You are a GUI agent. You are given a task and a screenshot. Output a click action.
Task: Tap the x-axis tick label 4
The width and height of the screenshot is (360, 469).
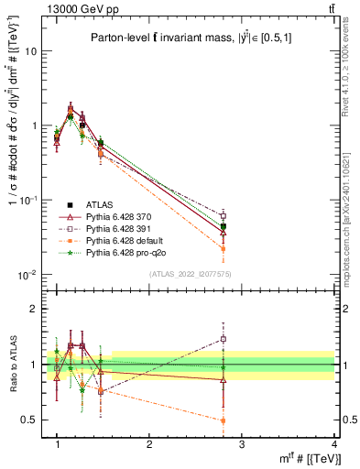(334, 444)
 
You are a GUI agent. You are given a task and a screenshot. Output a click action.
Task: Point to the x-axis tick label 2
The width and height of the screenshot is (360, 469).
(149, 444)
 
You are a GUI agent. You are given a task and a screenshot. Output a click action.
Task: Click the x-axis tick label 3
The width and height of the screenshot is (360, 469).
(242, 444)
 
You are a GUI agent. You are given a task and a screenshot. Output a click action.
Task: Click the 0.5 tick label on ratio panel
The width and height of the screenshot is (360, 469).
(30, 420)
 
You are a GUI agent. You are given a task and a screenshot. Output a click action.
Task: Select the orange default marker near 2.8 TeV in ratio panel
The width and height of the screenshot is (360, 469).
(224, 420)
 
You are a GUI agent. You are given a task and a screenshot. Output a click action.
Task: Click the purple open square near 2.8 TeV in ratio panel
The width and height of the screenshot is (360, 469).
(224, 339)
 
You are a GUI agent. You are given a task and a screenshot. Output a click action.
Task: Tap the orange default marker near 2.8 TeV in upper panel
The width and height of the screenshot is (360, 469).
(224, 248)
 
